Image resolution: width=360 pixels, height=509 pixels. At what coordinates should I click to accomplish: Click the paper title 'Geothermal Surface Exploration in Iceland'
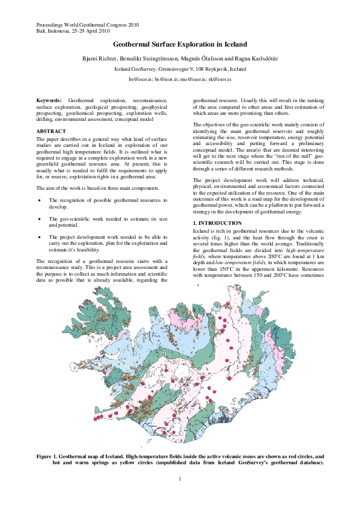tap(180, 45)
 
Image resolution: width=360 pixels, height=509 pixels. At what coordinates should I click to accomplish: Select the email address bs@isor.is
tap(165, 79)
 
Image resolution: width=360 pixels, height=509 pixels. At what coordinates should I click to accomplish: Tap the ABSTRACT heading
tap(52, 131)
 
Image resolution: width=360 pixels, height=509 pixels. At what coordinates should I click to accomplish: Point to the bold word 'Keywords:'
tap(49, 99)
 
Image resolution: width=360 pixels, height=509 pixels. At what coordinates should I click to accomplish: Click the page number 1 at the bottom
tap(180, 479)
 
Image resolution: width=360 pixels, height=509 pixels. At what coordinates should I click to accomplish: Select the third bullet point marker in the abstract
tap(40, 237)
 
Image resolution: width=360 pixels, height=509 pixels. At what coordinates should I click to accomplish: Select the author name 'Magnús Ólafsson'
tap(201, 58)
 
